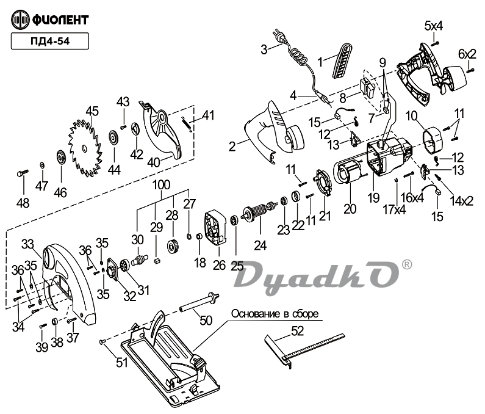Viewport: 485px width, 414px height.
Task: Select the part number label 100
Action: pyautogui.click(x=161, y=184)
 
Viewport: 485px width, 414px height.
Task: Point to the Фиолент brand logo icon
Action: pyautogui.click(x=21, y=20)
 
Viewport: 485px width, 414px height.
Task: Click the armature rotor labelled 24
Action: pyautogui.click(x=259, y=214)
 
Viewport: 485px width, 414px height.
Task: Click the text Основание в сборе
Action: pyautogui.click(x=275, y=313)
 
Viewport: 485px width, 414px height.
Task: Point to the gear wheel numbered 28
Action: pyautogui.click(x=172, y=247)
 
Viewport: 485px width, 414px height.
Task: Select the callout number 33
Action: pyautogui.click(x=27, y=244)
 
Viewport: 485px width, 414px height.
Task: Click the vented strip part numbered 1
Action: pyautogui.click(x=343, y=62)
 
